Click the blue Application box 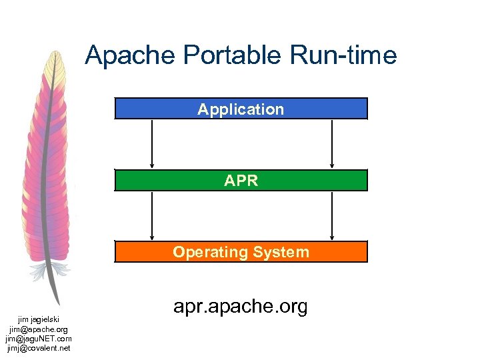[241, 109]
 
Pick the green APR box [241, 180]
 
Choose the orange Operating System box [241, 252]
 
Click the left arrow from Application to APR [153, 143]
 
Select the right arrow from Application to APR [332, 143]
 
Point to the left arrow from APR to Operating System [153, 215]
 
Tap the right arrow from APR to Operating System [332, 215]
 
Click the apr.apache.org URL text [241, 307]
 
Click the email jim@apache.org [39, 329]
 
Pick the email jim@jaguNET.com [39, 339]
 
